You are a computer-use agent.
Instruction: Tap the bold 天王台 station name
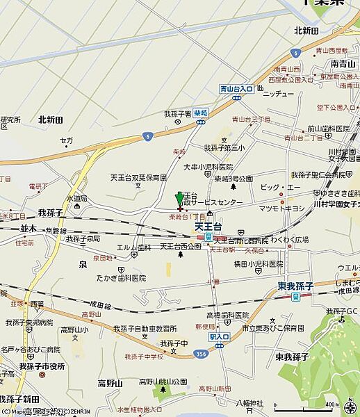[x=207, y=226]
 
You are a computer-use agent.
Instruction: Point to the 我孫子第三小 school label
[x=224, y=147]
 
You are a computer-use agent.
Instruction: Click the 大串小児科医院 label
[x=208, y=167]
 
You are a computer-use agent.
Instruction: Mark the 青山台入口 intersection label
[x=236, y=89]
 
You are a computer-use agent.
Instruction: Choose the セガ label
[x=66, y=140]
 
